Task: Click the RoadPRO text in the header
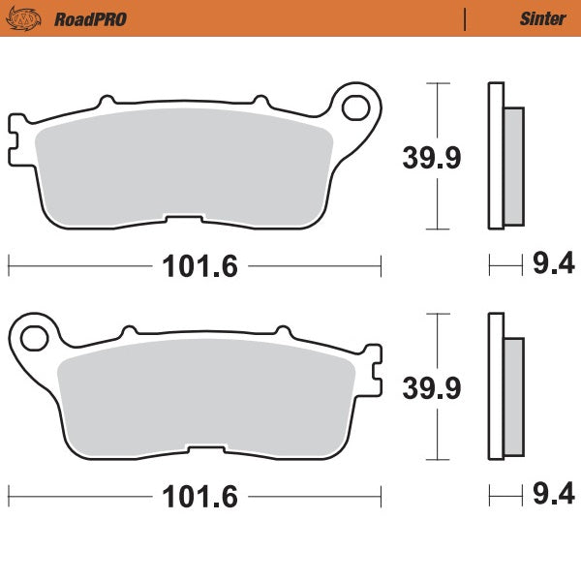(90, 18)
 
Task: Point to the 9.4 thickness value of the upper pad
(554, 262)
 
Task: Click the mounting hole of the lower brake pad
(33, 336)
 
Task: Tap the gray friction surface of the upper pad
(184, 165)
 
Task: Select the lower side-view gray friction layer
(513, 396)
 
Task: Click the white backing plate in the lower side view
(496, 387)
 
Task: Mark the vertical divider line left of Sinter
(466, 18)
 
